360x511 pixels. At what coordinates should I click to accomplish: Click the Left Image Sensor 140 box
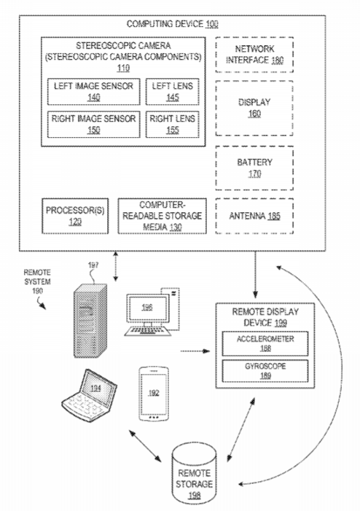coord(93,92)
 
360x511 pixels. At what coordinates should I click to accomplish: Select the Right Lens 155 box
coord(172,125)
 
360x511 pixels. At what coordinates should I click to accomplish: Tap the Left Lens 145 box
coord(172,92)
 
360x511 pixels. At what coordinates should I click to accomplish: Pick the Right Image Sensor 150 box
coord(93,125)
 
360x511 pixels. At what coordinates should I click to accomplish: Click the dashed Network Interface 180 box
coord(254,55)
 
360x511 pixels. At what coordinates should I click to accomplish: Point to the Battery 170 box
coord(254,168)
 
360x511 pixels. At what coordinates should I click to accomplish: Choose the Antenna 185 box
coord(254,216)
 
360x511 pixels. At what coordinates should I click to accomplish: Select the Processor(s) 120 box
coord(75,216)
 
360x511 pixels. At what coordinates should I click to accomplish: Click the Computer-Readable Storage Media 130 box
coord(162,216)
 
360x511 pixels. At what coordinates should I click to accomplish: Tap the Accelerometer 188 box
coord(265,343)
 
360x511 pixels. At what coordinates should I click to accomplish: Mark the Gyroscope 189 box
coord(265,371)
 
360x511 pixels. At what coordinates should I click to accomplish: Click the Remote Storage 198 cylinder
coord(194,474)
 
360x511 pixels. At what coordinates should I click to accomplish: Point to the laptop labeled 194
coord(90,395)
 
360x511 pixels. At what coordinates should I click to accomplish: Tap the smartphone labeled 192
coord(154,394)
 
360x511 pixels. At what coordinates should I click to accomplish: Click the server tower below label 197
coord(90,321)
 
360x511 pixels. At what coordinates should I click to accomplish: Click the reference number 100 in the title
coord(212,24)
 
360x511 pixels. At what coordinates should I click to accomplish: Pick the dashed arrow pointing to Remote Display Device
coord(195,351)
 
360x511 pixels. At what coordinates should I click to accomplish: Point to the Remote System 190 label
coord(37,281)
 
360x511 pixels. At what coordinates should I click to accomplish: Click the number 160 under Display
coord(254,114)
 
